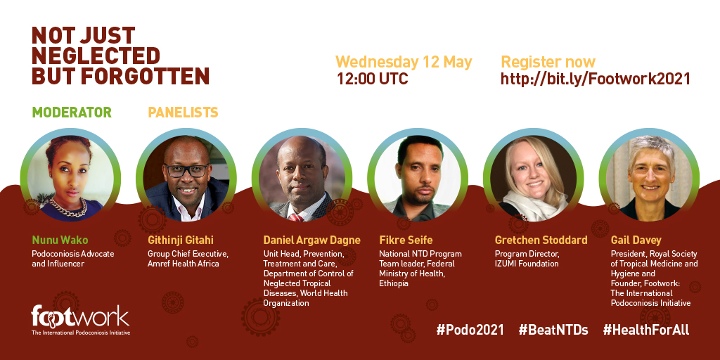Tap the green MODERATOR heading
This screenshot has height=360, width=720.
click(x=72, y=112)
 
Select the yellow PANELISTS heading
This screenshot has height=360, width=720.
click(x=183, y=112)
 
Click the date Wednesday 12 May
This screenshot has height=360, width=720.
click(x=404, y=63)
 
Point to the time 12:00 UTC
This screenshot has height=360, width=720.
click(x=373, y=79)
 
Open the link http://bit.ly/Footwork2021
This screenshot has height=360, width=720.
click(x=595, y=79)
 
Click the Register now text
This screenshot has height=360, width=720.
click(x=548, y=62)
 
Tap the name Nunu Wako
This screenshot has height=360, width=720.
click(x=60, y=240)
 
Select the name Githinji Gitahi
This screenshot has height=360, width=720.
click(x=181, y=240)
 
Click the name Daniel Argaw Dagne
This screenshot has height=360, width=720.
click(x=311, y=240)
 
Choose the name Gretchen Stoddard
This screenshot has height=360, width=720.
click(x=541, y=240)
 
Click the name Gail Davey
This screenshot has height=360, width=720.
click(x=636, y=240)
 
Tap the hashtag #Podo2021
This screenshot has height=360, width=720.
click(x=470, y=330)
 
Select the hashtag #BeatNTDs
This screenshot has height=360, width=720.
click(x=553, y=330)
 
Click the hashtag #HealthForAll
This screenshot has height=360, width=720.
click(x=646, y=330)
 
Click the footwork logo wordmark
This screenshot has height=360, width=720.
click(x=80, y=316)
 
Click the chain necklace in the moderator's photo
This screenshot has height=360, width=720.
click(x=69, y=208)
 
